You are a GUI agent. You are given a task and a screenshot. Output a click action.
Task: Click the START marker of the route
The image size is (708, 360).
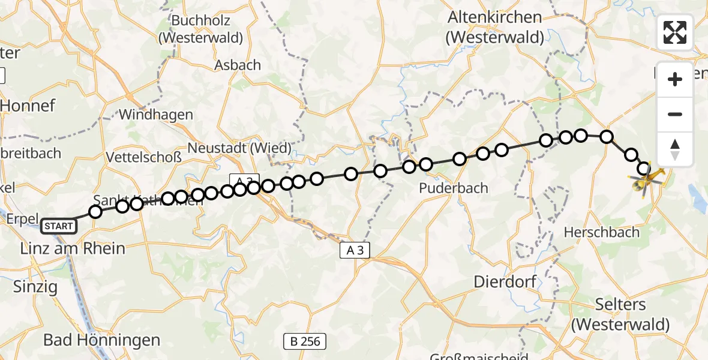(x=59, y=226)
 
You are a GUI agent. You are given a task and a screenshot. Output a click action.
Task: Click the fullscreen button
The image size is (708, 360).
(x=675, y=32)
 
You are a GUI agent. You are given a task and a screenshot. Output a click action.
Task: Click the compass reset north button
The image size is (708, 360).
(x=675, y=149)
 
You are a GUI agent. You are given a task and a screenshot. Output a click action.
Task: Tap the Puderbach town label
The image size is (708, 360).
(x=454, y=188)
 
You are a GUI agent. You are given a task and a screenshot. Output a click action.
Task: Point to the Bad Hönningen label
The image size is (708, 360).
(x=101, y=340)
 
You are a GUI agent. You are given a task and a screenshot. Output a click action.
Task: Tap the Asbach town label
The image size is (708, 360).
(x=238, y=65)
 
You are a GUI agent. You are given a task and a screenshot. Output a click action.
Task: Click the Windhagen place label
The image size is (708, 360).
(x=156, y=115)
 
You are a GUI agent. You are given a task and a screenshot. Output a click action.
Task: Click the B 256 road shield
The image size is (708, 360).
(x=305, y=342)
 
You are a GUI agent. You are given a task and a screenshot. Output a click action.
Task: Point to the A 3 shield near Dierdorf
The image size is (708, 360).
(x=355, y=251)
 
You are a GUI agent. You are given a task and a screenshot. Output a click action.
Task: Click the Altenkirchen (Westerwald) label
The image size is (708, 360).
(x=495, y=28)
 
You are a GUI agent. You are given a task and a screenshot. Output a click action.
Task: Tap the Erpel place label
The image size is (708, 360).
(x=22, y=218)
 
